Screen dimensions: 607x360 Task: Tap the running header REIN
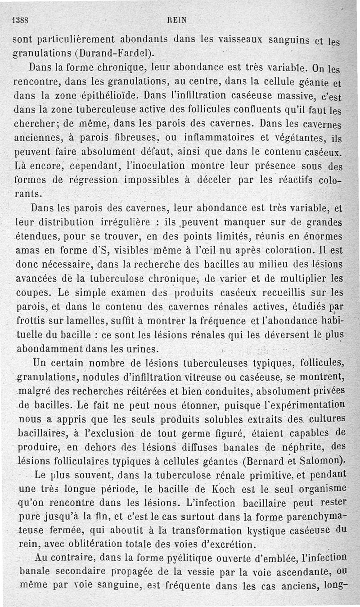(179, 20)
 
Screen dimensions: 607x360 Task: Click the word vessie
(217, 572)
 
